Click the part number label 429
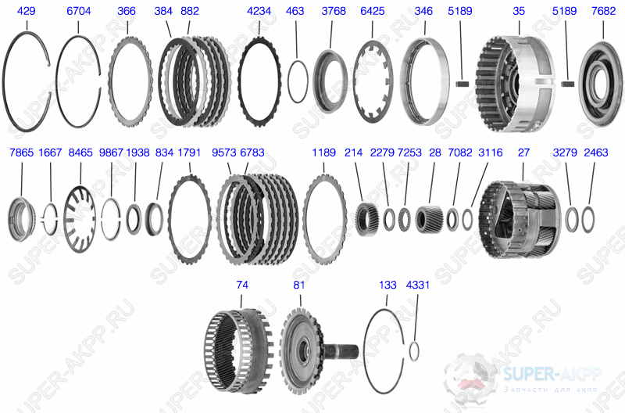(26, 11)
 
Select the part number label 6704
(79, 11)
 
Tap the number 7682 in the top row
(603, 11)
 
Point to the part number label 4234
(259, 11)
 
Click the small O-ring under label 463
(288, 82)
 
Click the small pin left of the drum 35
(462, 84)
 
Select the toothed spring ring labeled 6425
(355, 82)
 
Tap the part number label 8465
(80, 153)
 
